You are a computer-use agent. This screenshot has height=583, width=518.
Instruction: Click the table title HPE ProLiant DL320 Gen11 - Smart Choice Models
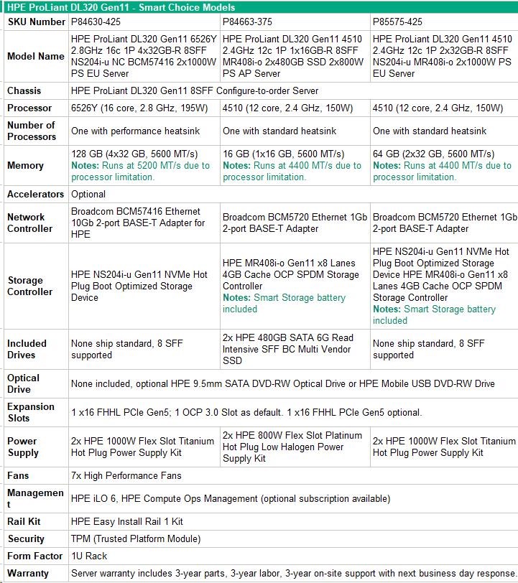coord(122,7)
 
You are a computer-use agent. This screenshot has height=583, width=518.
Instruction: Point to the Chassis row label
coord(24,91)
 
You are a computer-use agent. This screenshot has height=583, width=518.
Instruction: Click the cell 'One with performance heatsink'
coord(135,131)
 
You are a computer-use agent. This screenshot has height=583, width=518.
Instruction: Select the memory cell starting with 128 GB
coord(141,165)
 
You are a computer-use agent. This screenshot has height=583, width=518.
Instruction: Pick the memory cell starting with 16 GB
coord(292,165)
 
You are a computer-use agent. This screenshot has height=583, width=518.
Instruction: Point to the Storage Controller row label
coord(30,286)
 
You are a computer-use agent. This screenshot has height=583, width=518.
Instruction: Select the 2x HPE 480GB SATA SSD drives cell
coord(288,349)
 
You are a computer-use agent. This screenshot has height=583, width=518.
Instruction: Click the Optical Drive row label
coord(23,383)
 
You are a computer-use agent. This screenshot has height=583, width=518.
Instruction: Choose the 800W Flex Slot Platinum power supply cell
coord(292,447)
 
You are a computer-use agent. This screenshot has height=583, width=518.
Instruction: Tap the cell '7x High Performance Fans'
coord(126,476)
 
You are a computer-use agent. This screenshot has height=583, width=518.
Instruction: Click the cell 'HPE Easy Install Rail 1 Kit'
coord(127,522)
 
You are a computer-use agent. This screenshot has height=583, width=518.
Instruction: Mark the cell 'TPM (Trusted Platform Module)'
coord(136,539)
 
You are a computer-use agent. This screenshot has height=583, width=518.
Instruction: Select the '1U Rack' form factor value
coord(89,556)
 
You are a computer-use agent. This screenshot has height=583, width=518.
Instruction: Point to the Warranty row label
coord(28,574)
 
